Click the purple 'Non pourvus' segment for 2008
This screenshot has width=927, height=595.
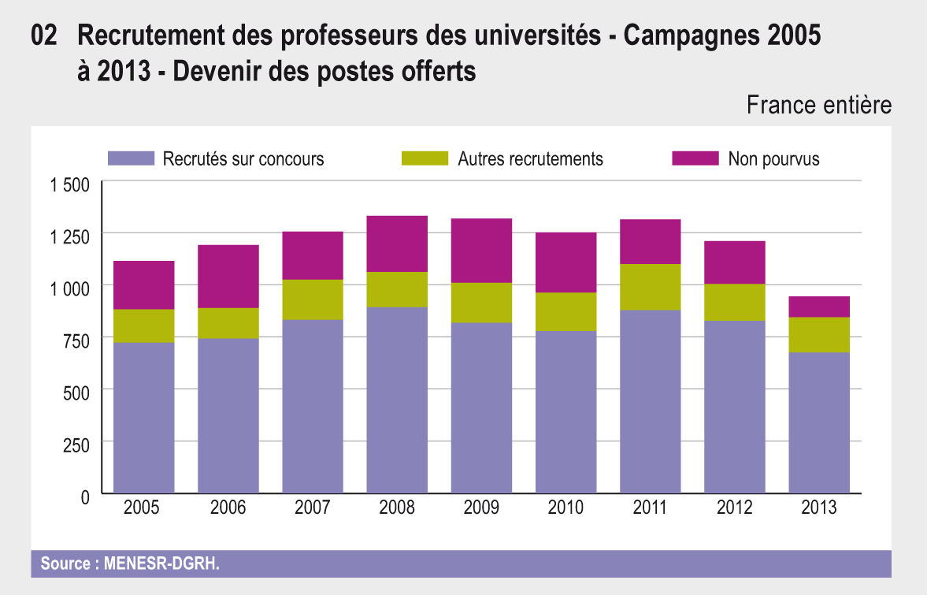397,244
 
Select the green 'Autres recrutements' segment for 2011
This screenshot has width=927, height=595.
650,287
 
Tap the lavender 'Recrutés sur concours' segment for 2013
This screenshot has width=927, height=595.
819,422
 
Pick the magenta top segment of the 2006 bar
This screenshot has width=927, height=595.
228,276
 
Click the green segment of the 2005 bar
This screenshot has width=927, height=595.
143,325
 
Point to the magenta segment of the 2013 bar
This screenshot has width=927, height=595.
819,307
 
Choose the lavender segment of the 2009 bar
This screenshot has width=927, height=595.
481,407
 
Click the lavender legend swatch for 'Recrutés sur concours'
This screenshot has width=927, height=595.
131,158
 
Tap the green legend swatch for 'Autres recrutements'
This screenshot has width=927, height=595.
425,158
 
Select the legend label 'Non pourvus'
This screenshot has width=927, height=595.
773,159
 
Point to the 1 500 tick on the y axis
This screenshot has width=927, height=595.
71,186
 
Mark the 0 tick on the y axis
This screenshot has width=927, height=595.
84,496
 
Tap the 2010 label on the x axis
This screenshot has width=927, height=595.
565,508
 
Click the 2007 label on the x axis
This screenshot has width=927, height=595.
313,508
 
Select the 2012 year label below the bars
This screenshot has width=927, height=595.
735,508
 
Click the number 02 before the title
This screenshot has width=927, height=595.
44,35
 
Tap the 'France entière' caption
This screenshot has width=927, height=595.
819,105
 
